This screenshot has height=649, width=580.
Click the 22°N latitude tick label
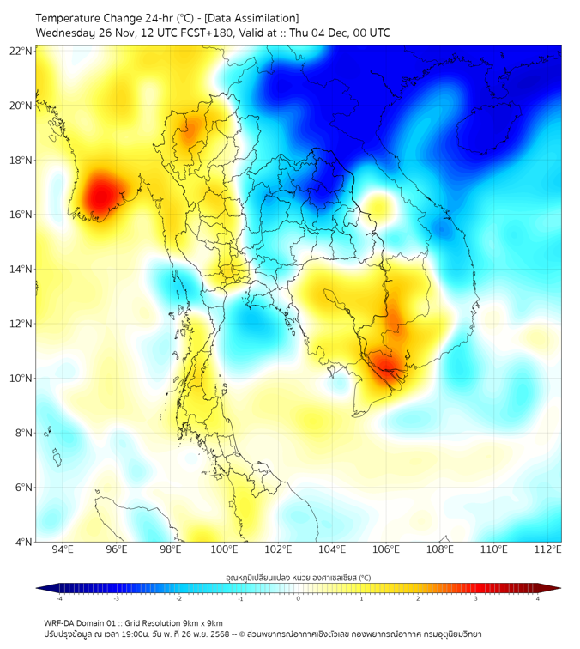point(21,51)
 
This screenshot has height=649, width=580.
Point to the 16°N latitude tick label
point(21,215)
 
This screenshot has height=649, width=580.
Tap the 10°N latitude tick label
point(21,379)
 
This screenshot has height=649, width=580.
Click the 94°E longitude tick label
point(63,549)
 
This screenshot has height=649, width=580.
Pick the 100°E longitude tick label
point(225,549)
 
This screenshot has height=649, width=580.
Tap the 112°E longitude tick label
point(547,549)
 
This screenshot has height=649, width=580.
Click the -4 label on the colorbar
point(58,599)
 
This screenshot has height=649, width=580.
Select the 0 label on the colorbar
point(299,599)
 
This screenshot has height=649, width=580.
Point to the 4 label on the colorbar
point(538,599)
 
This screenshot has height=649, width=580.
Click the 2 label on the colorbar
point(418,599)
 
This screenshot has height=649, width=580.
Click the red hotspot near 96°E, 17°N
point(99,197)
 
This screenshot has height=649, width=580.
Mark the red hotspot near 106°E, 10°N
point(388,367)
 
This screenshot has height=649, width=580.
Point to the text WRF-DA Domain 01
point(82,622)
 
